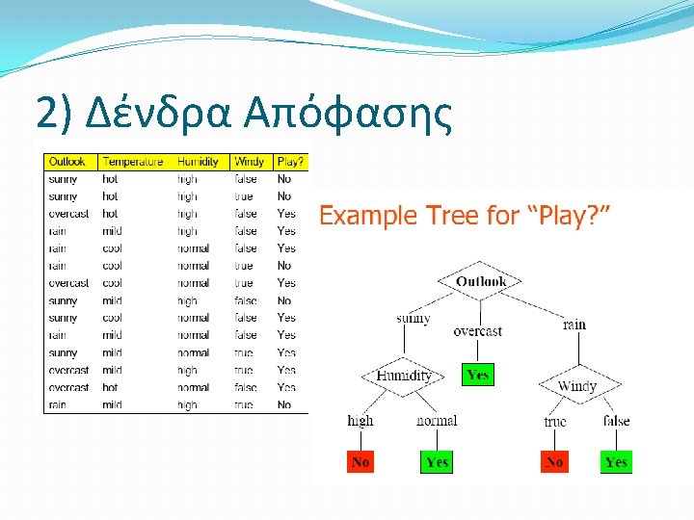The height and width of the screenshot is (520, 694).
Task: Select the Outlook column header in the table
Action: click(x=67, y=162)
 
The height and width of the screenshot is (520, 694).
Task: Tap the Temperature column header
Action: click(x=133, y=162)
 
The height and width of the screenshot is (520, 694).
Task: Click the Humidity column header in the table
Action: click(x=199, y=162)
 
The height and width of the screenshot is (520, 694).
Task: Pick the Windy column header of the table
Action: click(x=249, y=162)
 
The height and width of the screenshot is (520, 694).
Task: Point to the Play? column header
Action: click(x=290, y=162)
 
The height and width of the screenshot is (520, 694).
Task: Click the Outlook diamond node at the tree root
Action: click(x=480, y=282)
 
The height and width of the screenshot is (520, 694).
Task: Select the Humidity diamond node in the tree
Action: click(x=404, y=376)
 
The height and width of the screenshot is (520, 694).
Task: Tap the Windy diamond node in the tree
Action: click(x=577, y=386)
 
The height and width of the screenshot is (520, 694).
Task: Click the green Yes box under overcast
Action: click(x=477, y=375)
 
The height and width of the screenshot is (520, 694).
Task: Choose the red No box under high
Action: click(x=360, y=462)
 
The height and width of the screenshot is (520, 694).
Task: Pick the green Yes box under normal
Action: click(x=437, y=462)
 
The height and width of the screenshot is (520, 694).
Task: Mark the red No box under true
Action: click(x=554, y=462)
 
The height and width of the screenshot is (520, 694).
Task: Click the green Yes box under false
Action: click(x=616, y=462)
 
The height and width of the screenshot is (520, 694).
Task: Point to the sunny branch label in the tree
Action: click(x=413, y=319)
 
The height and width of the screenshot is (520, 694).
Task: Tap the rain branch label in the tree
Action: click(x=574, y=325)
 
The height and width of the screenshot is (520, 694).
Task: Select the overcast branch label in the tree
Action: click(x=477, y=331)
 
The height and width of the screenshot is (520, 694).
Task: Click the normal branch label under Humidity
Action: click(x=437, y=420)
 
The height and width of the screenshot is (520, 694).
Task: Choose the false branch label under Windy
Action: click(x=616, y=420)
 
